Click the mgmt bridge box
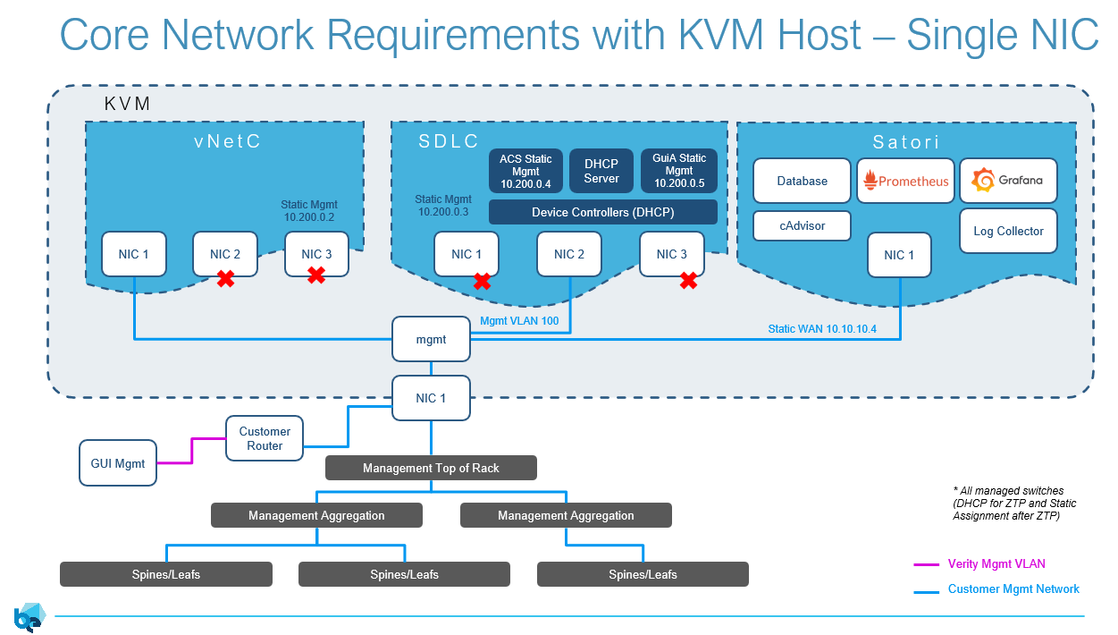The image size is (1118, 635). tap(431, 340)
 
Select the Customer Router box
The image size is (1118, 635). tap(265, 438)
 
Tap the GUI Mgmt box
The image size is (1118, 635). tap(118, 463)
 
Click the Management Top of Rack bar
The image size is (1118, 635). tap(431, 468)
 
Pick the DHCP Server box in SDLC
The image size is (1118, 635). tap(601, 171)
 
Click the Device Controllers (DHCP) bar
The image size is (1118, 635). tap(602, 212)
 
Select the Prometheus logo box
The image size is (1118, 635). tap(905, 181)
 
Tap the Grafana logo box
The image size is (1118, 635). tap(1008, 181)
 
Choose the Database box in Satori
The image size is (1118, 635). tap(802, 181)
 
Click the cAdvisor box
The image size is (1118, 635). tap(802, 225)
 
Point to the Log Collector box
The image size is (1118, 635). tap(1008, 231)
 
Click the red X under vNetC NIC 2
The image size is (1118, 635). tap(226, 279)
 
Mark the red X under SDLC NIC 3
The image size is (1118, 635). tap(688, 281)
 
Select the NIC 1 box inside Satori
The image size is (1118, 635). tap(899, 255)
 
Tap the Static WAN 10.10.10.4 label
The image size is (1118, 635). tap(822, 329)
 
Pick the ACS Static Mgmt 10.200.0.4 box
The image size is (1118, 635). tap(525, 171)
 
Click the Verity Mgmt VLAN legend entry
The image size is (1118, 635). tap(996, 564)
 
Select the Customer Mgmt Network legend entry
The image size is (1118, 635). tap(1013, 589)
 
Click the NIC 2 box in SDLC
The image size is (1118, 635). tap(569, 254)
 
